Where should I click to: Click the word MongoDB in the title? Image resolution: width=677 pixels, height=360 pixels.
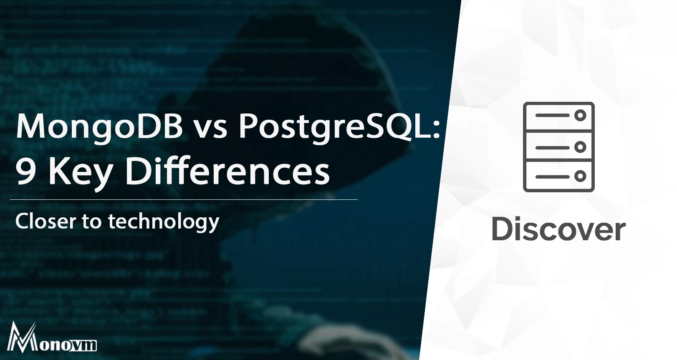(x=99, y=126)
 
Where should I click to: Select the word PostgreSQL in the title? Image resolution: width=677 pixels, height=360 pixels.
(x=334, y=126)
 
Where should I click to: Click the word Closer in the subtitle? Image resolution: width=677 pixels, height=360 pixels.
(x=45, y=221)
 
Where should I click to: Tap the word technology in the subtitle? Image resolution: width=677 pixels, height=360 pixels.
(x=164, y=222)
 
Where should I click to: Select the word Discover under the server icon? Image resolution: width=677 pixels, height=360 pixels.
(x=558, y=230)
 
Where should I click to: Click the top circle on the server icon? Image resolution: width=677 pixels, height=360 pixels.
(x=580, y=116)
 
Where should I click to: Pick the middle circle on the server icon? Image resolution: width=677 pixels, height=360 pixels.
(x=580, y=147)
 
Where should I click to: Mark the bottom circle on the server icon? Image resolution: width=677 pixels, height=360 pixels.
(x=580, y=176)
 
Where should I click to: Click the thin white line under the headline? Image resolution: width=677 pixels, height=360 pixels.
(x=184, y=200)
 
